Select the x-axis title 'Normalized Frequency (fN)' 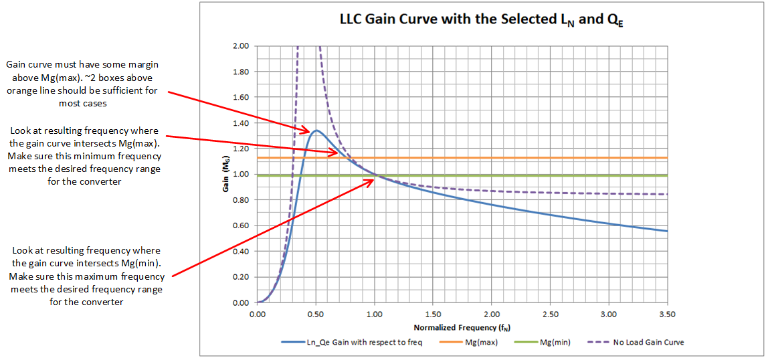(462, 328)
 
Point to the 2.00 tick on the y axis (241, 46)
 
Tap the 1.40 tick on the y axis (241, 123)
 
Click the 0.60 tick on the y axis (241, 226)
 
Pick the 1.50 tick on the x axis (433, 313)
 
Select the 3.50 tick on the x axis (667, 313)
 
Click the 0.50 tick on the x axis (316, 313)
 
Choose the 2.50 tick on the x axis (550, 313)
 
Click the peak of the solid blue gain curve (316, 130)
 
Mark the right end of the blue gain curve (667, 231)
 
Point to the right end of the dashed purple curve (667, 194)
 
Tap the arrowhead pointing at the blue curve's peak (306, 130)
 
